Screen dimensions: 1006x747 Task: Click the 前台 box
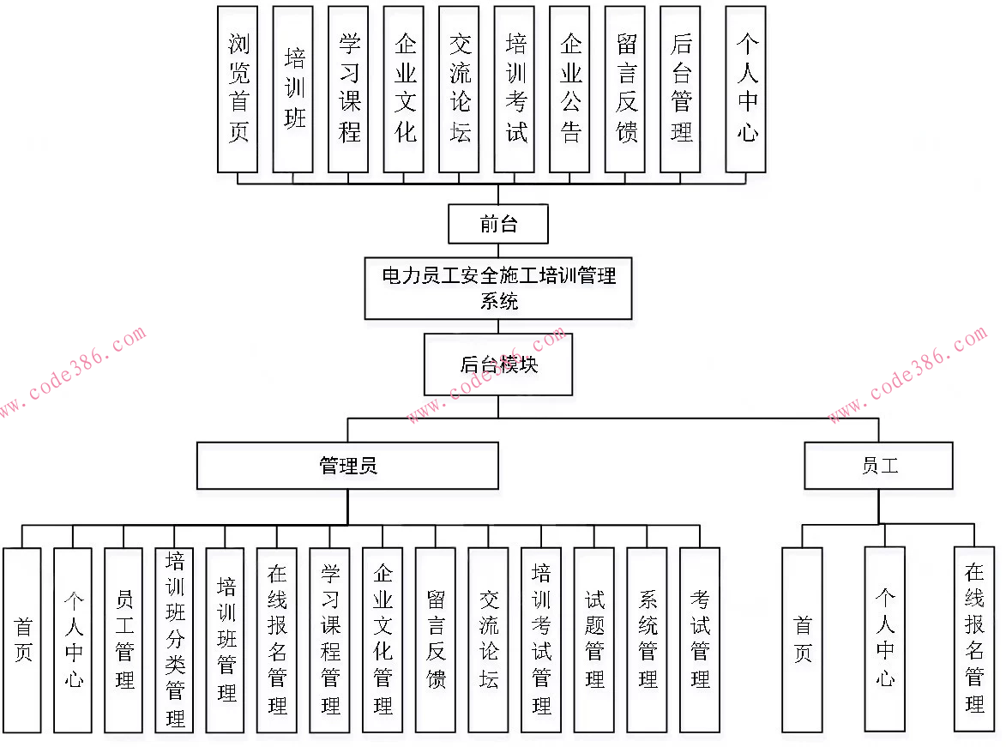(498, 224)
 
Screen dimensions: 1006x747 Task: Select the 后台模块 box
(498, 364)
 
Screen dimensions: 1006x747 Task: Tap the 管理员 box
(347, 466)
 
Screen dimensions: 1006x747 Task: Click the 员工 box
(878, 466)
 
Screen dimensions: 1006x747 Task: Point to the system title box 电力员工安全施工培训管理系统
(498, 288)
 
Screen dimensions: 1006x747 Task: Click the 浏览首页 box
(238, 89)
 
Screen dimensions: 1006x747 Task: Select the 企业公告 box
(569, 89)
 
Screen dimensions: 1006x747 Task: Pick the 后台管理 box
(680, 89)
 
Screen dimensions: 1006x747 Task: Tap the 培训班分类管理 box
(175, 640)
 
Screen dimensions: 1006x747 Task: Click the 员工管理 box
(124, 640)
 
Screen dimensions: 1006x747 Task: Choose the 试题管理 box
(593, 640)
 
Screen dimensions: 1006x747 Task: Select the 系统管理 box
(647, 640)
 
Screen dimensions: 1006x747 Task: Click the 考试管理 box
(700, 640)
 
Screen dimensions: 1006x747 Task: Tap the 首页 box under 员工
(802, 640)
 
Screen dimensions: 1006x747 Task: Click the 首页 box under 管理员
(22, 640)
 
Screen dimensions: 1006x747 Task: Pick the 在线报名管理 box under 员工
(974, 640)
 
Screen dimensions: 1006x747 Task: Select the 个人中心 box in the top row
(745, 89)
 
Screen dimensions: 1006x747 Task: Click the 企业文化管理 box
(383, 640)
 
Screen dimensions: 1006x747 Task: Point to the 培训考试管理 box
(541, 640)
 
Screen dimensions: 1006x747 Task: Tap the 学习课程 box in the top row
(348, 89)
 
